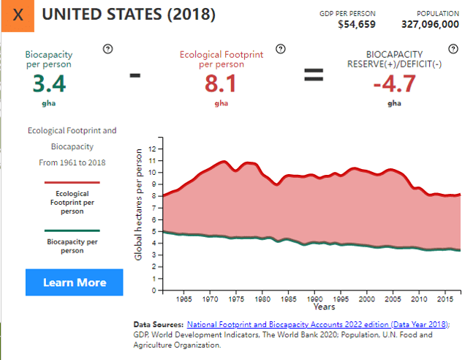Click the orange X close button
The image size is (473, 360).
pos(18,15)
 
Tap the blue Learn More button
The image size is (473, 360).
pos(75,282)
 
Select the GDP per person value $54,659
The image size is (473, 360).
pos(357,24)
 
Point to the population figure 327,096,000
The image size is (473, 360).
pos(430,24)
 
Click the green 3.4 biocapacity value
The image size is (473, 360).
pos(49,84)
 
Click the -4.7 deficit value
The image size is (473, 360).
pos(394,84)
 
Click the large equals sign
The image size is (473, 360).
pos(314,75)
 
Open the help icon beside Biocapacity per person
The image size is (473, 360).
pos(107,49)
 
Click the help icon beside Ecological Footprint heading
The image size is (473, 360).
pos(280,49)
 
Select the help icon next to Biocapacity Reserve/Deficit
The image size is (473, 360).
pos(453,49)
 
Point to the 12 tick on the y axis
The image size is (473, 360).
pos(151,149)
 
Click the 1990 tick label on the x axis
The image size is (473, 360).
pos(314,299)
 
